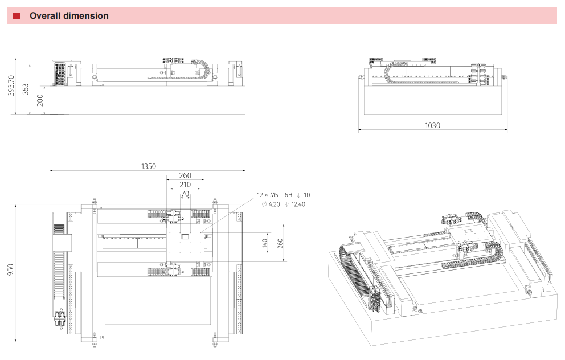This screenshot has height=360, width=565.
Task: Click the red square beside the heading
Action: (x=17, y=16)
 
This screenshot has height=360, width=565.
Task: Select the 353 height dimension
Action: (x=26, y=89)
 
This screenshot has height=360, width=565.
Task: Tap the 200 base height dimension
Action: (x=40, y=100)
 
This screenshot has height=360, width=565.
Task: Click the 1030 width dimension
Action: (x=432, y=125)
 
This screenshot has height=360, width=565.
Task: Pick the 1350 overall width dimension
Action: (x=148, y=166)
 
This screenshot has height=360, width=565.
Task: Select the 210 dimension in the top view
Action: (x=185, y=185)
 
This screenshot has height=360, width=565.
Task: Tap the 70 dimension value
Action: (x=185, y=194)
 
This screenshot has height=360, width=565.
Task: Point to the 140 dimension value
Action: (x=265, y=243)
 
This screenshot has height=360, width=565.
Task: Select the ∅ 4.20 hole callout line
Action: (x=283, y=204)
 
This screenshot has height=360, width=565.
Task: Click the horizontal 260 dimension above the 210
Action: (x=185, y=175)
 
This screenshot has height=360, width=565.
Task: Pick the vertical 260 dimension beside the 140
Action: (x=280, y=243)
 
